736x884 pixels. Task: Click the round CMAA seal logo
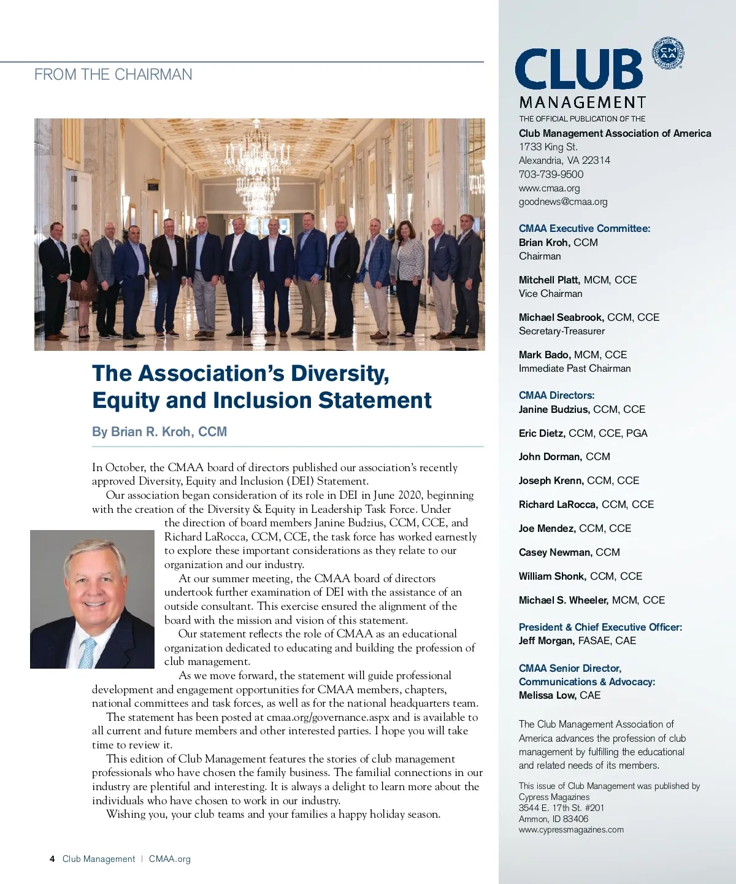pyautogui.click(x=668, y=53)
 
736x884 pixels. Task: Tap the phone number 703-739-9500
pyautogui.click(x=551, y=174)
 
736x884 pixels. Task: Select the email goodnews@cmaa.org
pyautogui.click(x=563, y=201)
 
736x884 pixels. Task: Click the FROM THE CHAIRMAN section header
pyautogui.click(x=113, y=75)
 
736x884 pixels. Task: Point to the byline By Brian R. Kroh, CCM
pyautogui.click(x=159, y=432)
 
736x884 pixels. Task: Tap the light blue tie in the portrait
pyautogui.click(x=87, y=652)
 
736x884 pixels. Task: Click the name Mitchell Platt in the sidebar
pyautogui.click(x=549, y=280)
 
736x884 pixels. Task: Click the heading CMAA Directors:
pyautogui.click(x=556, y=395)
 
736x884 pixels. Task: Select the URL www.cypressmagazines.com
pyautogui.click(x=571, y=829)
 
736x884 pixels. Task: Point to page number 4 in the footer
pyautogui.click(x=52, y=859)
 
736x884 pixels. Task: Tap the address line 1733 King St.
pyautogui.click(x=548, y=147)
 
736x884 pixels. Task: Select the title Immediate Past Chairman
pyautogui.click(x=575, y=368)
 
